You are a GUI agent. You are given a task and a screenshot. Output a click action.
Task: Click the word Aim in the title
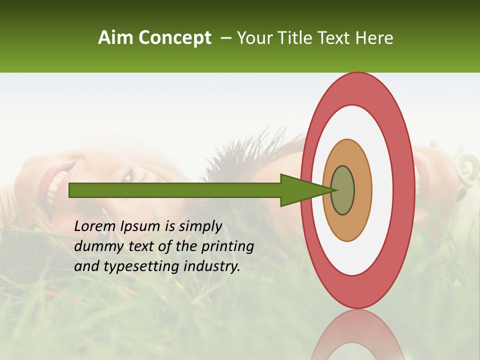115,38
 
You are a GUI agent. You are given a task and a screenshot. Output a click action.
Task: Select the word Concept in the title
174,38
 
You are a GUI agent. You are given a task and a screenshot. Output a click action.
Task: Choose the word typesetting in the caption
141,266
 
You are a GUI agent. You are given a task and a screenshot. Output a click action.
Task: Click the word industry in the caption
211,266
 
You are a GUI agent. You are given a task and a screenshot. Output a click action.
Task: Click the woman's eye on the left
129,176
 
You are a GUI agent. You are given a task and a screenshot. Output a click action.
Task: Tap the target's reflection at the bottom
357,335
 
